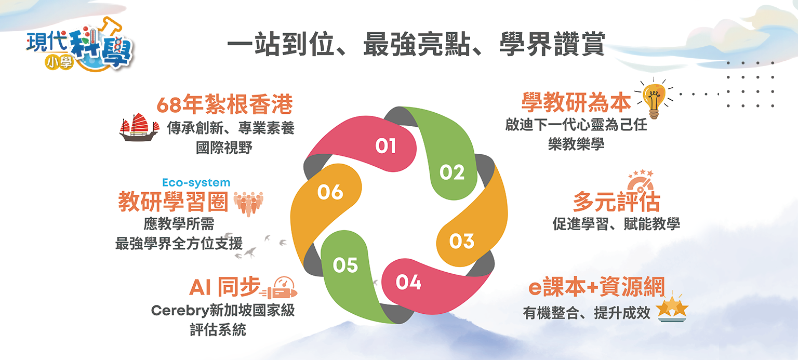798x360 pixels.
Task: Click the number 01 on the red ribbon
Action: [385, 145]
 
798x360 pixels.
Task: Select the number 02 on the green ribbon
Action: [452, 172]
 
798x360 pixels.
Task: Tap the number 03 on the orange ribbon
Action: [462, 241]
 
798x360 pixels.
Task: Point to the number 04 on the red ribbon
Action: [408, 283]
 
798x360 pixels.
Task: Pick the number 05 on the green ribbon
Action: [345, 265]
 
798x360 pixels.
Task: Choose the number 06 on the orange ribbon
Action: [330, 192]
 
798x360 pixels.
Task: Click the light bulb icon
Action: [655, 99]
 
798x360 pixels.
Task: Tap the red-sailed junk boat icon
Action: [139, 127]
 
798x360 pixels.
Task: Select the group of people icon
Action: [249, 204]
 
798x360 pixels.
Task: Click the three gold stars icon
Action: [672, 309]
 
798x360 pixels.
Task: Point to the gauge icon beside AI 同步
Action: [280, 288]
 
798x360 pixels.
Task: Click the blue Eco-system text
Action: [196, 183]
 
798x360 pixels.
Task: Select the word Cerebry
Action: [180, 311]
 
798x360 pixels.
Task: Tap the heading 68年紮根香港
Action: [224, 104]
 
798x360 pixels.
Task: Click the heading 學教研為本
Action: [576, 102]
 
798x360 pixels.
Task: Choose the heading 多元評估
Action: [616, 202]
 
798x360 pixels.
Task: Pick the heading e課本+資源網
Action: [597, 287]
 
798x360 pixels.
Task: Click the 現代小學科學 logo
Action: [79, 44]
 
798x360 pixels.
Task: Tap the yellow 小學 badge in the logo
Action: [59, 63]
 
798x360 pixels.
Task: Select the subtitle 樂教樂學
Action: [576, 144]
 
